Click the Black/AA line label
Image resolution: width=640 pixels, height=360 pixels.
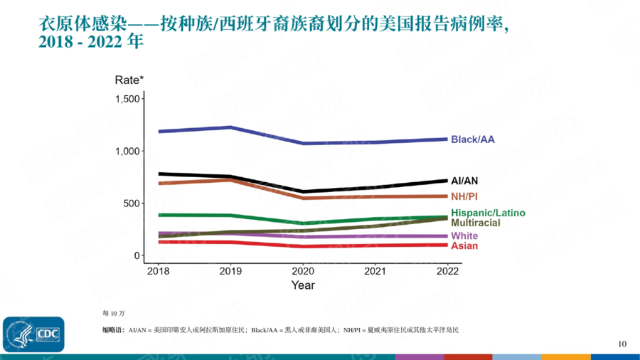472,139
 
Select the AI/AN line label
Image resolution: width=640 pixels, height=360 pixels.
464,181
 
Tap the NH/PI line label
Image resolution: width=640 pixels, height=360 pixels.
464,196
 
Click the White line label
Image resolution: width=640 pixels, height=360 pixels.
464,236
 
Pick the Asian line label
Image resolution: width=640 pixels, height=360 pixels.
464,246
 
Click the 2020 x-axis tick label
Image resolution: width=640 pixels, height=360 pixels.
303,271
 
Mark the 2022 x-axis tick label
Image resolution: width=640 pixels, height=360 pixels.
447,271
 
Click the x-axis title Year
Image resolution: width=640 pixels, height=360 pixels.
302,285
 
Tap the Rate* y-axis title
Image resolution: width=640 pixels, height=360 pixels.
129,80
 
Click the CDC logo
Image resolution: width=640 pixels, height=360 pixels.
33,334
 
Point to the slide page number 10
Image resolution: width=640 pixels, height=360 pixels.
622,344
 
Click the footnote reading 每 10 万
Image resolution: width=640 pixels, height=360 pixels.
114,313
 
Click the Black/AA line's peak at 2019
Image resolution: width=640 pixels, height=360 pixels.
230,127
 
